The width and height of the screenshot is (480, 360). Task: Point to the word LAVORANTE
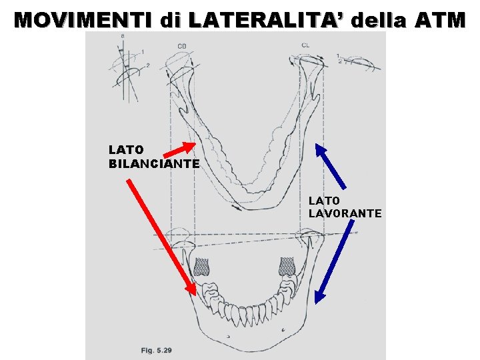pyautogui.click(x=345, y=213)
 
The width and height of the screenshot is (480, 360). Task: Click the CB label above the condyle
pyautogui.click(x=181, y=45)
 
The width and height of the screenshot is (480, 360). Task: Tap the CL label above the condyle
pyautogui.click(x=305, y=45)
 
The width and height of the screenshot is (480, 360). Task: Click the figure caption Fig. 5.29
pyautogui.click(x=156, y=350)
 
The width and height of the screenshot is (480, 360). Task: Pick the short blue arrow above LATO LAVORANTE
pyautogui.click(x=331, y=166)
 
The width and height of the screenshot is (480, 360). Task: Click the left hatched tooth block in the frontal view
pyautogui.click(x=201, y=267)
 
